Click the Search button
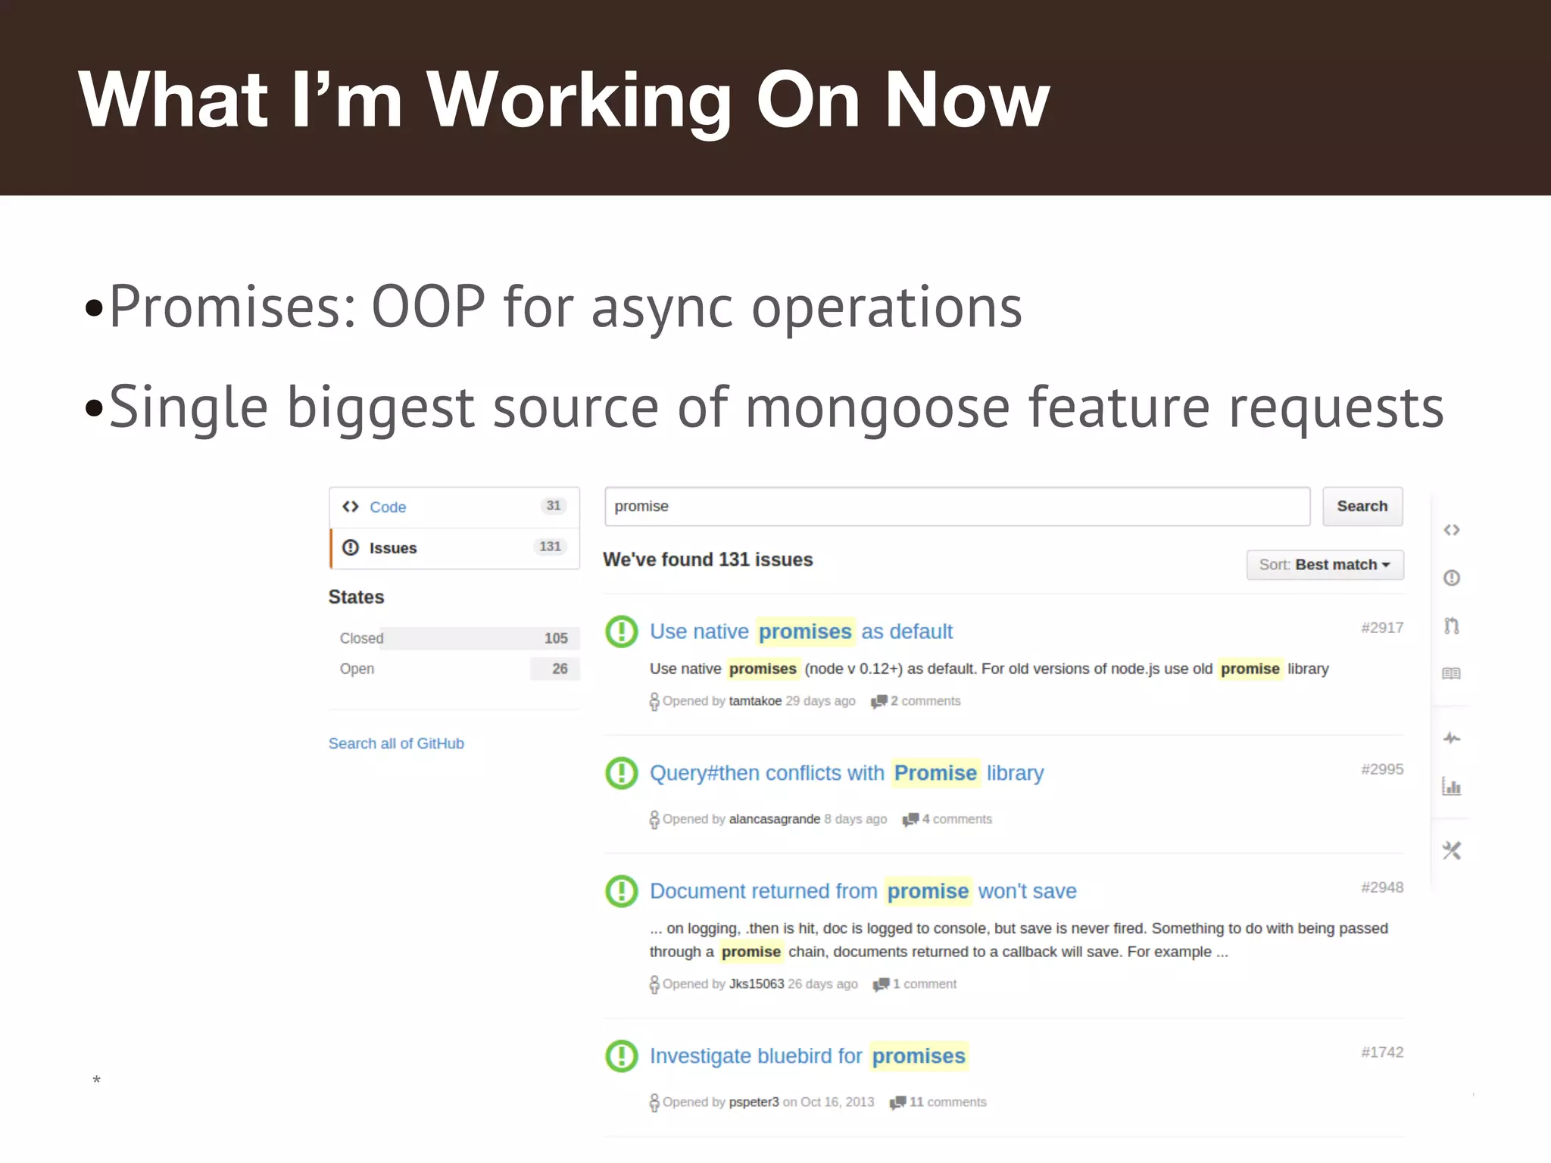coord(1362,507)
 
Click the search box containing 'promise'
coord(957,507)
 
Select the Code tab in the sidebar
coord(387,507)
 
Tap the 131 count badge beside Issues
coord(550,547)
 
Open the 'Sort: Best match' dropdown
coord(1325,565)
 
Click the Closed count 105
coord(556,638)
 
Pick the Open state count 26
coord(560,669)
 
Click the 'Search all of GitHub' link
coord(396,744)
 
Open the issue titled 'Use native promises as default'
coord(800,631)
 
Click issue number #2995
coord(1382,769)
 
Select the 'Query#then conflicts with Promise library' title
coord(846,773)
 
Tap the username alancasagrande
coord(774,819)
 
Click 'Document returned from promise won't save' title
coord(863,891)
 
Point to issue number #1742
coord(1382,1052)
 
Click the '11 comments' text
coord(947,1102)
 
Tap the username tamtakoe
coord(754,701)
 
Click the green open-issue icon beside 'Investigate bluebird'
coord(622,1055)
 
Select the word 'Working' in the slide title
coord(579,100)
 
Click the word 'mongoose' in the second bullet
coord(878,407)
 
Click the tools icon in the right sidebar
coord(1451,851)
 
